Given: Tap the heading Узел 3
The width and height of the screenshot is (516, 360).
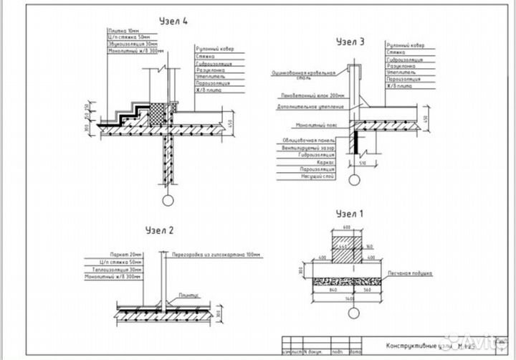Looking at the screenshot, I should tap(350, 42).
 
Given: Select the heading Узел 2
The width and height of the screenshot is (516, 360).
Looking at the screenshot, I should tap(159, 231).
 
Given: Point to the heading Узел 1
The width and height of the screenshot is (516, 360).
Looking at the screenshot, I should tap(350, 213).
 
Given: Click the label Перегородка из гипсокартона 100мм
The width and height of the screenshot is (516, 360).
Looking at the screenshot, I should tap(208, 254).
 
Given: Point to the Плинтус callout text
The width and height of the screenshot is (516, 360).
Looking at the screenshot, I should tap(190, 294).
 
